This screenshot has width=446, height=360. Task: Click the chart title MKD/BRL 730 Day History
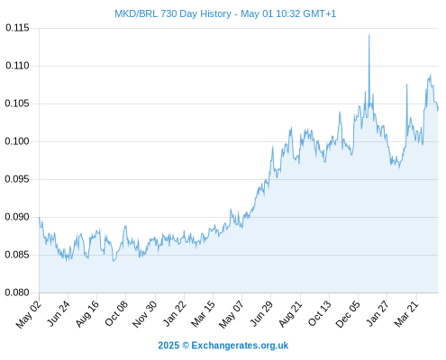pos(173,13)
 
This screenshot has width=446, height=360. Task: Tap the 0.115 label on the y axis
pos(17,28)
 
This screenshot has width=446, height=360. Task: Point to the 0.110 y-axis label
pos(17,66)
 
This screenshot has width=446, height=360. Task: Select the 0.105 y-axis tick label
pos(17,103)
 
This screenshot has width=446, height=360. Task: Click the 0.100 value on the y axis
pos(17,141)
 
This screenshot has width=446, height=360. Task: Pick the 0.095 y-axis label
pos(17,179)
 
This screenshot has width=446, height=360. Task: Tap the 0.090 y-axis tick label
pos(17,217)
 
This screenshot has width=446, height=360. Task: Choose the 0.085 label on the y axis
pos(17,255)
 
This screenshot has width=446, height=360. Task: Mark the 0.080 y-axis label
pos(17,292)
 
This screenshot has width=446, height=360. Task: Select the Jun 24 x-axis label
pos(59,313)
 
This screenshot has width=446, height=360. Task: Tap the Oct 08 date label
pos(116,313)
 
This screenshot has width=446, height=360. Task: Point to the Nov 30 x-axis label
pos(145,314)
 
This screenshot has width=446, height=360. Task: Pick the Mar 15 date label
pos(204,314)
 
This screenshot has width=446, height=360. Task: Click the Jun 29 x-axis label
pos(261,313)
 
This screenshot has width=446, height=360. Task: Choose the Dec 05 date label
pos(348,314)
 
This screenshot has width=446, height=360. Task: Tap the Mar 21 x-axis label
pos(406,314)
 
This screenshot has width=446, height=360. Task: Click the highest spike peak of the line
pos(369,35)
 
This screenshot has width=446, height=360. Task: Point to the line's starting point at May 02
pos(40,217)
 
